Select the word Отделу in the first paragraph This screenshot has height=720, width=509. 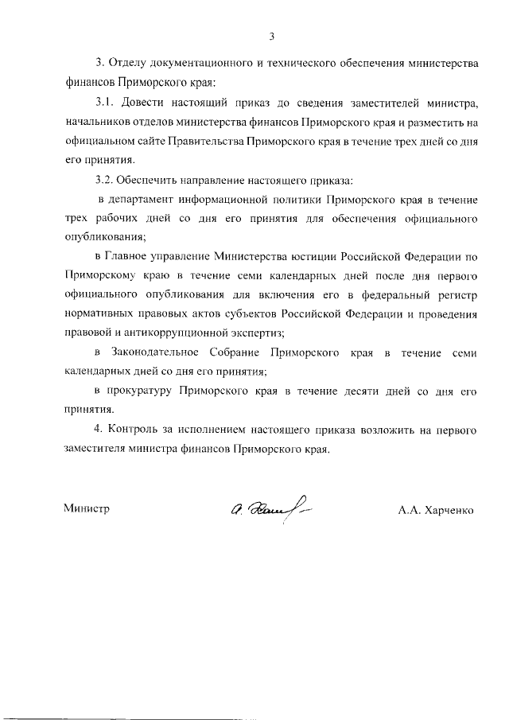click(126, 63)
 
